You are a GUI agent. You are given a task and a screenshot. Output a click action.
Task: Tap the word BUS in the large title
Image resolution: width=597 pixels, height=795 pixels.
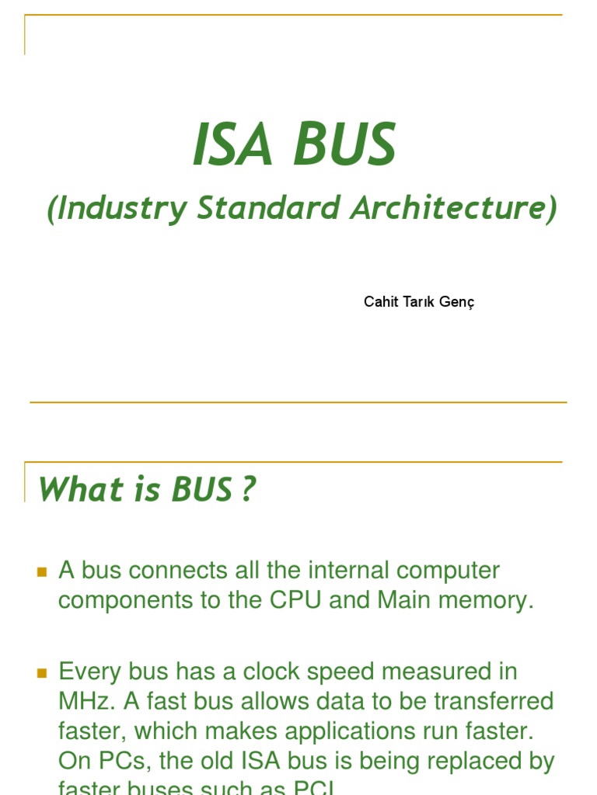(x=345, y=146)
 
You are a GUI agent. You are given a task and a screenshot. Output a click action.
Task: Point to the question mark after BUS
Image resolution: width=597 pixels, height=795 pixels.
(x=247, y=489)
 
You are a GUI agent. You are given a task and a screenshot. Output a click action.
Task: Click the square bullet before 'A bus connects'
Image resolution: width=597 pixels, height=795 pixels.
(x=43, y=572)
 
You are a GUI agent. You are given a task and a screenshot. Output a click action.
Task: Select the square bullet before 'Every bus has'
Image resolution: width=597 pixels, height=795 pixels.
(x=43, y=673)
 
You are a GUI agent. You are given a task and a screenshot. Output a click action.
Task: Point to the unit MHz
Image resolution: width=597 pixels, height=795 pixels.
(x=84, y=701)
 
